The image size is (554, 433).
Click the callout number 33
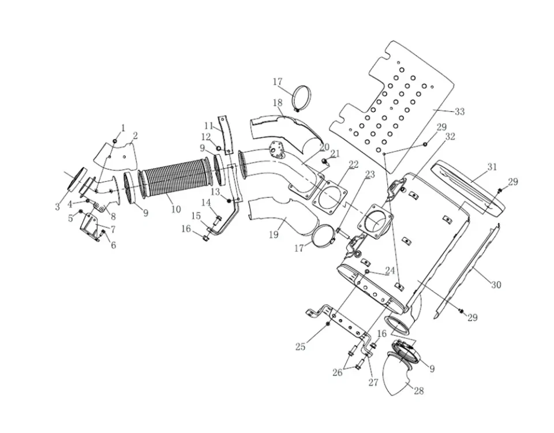[x=459, y=111]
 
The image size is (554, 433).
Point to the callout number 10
[x=176, y=209]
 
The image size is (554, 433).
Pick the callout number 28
[x=418, y=391]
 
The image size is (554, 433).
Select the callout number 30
[x=496, y=285]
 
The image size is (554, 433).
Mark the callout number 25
[x=300, y=346]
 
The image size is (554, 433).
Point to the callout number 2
[x=134, y=136]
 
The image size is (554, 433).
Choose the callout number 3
[x=58, y=207]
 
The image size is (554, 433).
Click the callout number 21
[x=335, y=153]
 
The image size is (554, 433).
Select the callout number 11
[x=208, y=125]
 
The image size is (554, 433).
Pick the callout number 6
[x=113, y=245]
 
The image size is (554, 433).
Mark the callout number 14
[x=206, y=202]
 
